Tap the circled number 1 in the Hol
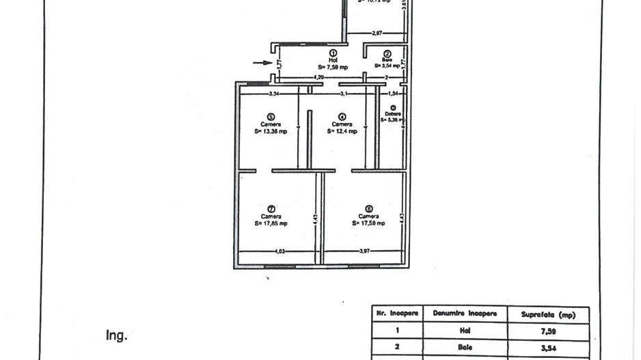pos(333,53)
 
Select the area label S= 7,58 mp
pos(333,66)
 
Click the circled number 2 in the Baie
pos(387,53)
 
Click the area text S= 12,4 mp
pos(342,131)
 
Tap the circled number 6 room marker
pos(369,209)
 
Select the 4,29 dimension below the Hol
pos(318,78)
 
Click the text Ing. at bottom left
pos(116,335)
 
